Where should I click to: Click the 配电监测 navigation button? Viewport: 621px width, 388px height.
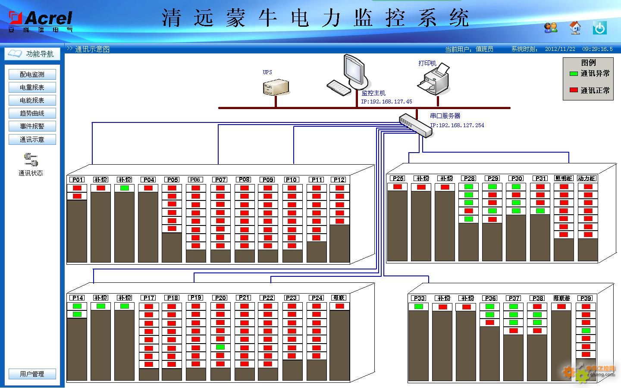pyautogui.click(x=32, y=75)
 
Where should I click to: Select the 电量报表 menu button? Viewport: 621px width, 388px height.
pyautogui.click(x=32, y=88)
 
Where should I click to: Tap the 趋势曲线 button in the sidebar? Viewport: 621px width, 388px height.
pyautogui.click(x=32, y=113)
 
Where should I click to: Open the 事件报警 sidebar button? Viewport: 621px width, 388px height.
pyautogui.click(x=32, y=126)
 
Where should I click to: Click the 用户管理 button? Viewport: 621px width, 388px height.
pyautogui.click(x=32, y=374)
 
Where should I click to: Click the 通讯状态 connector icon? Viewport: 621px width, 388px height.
pyautogui.click(x=31, y=160)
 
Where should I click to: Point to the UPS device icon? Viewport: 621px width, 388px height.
pyautogui.click(x=276, y=87)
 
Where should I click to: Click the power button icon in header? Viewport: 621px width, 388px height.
pyautogui.click(x=599, y=28)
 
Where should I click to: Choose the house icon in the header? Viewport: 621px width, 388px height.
pyautogui.click(x=575, y=28)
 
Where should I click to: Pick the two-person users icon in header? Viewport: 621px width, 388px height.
pyautogui.click(x=551, y=28)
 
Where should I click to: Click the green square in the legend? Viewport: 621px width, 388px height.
pyautogui.click(x=574, y=74)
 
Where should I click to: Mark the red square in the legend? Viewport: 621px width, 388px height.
pyautogui.click(x=574, y=90)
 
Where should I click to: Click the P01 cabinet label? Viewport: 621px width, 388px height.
pyautogui.click(x=78, y=180)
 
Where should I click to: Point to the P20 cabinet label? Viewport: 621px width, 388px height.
pyautogui.click(x=220, y=298)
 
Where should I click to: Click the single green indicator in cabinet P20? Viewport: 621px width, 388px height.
pyautogui.click(x=220, y=347)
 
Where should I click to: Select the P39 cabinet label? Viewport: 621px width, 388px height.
pyautogui.click(x=586, y=298)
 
